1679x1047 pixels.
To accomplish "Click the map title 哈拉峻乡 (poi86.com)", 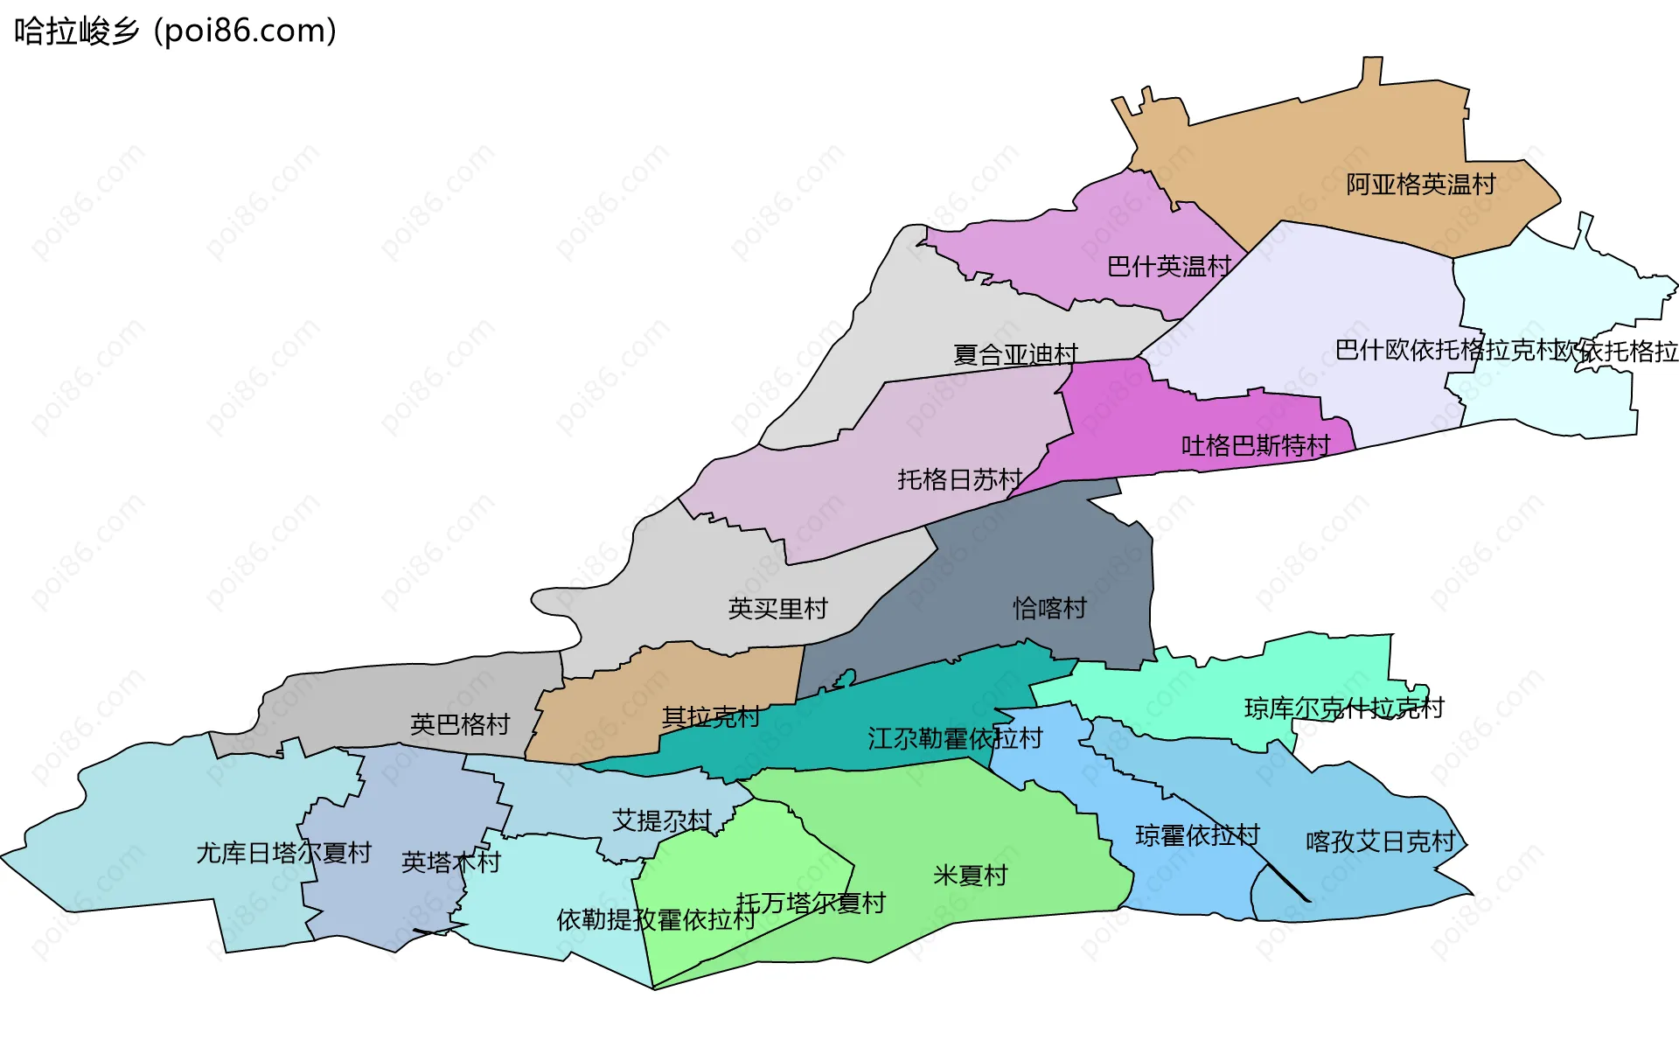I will point(175,31).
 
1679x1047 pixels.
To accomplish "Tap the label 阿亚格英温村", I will point(1420,185).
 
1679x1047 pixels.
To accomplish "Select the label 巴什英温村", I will point(1168,266).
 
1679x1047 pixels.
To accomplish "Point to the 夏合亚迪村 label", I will point(1015,354).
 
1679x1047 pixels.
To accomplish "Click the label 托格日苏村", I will point(959,479).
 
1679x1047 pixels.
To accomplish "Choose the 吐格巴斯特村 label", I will point(1255,446).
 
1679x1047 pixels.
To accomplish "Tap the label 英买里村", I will point(777,609).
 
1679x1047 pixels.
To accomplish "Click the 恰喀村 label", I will point(1049,608).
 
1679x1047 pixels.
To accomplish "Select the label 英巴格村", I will point(460,724).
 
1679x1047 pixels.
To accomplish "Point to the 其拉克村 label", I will point(710,717).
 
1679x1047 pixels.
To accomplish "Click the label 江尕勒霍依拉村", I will point(955,738).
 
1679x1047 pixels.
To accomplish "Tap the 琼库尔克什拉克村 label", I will point(1343,708).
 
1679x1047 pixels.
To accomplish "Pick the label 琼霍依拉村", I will point(1197,835).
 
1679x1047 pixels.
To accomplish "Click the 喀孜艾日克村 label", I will point(1380,841).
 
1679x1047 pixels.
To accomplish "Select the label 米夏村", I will point(970,875).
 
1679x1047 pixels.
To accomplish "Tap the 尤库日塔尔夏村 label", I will point(284,852).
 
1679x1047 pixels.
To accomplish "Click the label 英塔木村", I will point(450,862).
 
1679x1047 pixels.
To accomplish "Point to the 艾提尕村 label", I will point(662,820).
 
